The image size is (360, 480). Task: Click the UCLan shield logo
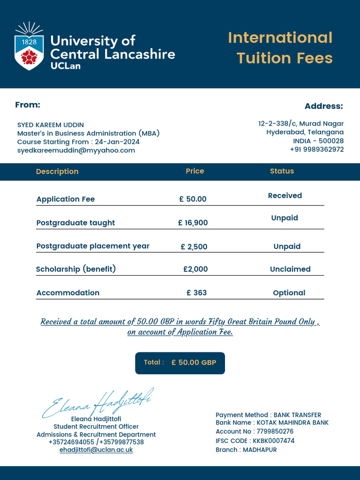pos(29,46)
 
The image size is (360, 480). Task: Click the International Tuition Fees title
pos(280,48)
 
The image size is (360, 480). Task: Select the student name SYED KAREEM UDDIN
pos(51,125)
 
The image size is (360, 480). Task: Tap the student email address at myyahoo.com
pos(76,150)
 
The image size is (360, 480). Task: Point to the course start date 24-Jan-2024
pos(117,142)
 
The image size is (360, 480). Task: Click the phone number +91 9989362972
pos(316,150)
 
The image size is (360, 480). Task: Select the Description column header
pos(57,172)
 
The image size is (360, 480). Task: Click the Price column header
pos(195,171)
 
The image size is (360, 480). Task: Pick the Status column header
pos(282,171)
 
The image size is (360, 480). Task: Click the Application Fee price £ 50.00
pos(193,199)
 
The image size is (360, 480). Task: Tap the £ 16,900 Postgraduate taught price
pos(193,223)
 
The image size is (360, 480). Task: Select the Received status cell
pos(285,196)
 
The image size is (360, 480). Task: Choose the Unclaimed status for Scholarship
pos(290,269)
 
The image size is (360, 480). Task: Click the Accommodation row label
pos(68,293)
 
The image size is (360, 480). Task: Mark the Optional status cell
pos(289,293)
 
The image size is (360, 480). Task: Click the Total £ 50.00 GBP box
pos(180,363)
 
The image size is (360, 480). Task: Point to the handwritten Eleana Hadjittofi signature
pos(98,403)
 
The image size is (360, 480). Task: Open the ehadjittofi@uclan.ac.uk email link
pos(96,450)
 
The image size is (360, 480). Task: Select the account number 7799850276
pos(274,432)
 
